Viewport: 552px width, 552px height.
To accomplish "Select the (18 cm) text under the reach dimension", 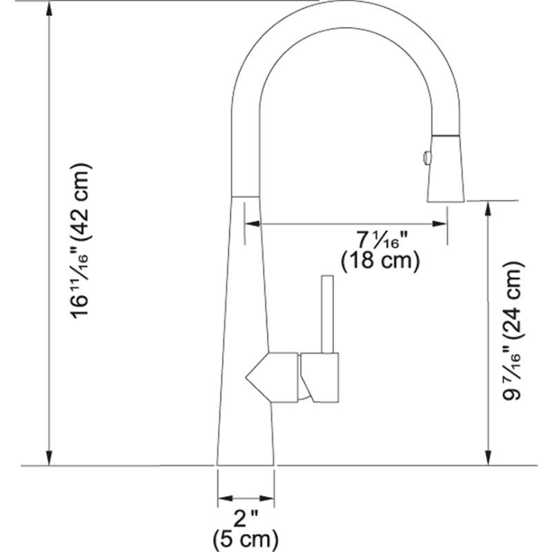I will point(381,261).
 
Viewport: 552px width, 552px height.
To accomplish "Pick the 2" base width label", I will point(246,517).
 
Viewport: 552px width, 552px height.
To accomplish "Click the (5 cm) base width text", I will point(246,537).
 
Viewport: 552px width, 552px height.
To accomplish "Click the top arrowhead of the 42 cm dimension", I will point(49,8).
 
